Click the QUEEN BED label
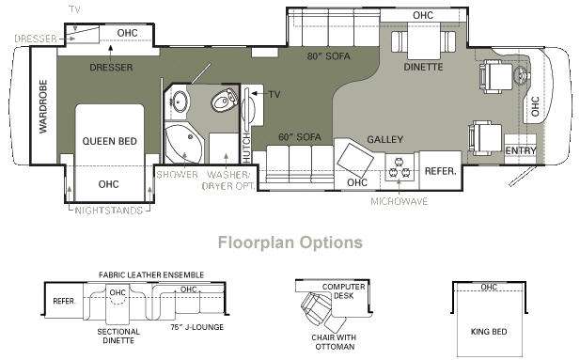(x=109, y=141)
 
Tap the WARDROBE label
(x=43, y=106)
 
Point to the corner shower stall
(x=182, y=144)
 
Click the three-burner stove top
(x=400, y=167)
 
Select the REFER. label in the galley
(x=441, y=171)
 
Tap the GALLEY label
(x=385, y=139)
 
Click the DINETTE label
(x=423, y=67)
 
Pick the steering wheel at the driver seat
(x=522, y=75)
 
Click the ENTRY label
(x=521, y=150)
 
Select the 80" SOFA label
(x=328, y=56)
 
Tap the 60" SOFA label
(x=300, y=137)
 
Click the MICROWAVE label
(x=400, y=202)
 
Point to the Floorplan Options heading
(x=290, y=243)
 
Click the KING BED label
(x=489, y=332)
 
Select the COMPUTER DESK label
(x=344, y=291)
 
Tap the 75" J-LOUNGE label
(x=197, y=327)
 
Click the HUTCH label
(x=246, y=148)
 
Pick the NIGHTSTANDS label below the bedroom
(x=109, y=211)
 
